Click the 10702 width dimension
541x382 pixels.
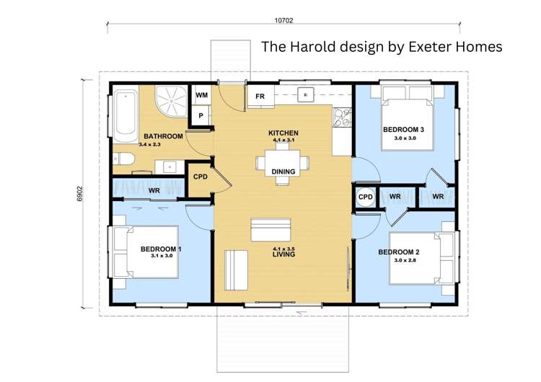(x=283, y=20)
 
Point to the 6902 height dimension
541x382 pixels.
(x=80, y=194)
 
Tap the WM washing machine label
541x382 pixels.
(x=201, y=95)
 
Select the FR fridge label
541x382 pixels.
(x=260, y=97)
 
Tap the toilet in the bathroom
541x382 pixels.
(x=123, y=159)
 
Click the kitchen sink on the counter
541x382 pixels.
(x=306, y=94)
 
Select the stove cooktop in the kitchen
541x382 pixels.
(x=342, y=117)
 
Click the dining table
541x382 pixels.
(x=283, y=163)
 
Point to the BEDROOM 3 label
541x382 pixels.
(x=403, y=130)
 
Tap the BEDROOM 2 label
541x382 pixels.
(x=399, y=252)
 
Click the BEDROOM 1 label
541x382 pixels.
(x=161, y=249)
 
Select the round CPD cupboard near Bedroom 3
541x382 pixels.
(x=366, y=197)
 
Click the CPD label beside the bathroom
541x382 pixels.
(x=201, y=177)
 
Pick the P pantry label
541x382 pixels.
(x=201, y=116)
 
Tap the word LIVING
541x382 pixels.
(x=283, y=254)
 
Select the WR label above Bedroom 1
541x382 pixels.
(x=154, y=190)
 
